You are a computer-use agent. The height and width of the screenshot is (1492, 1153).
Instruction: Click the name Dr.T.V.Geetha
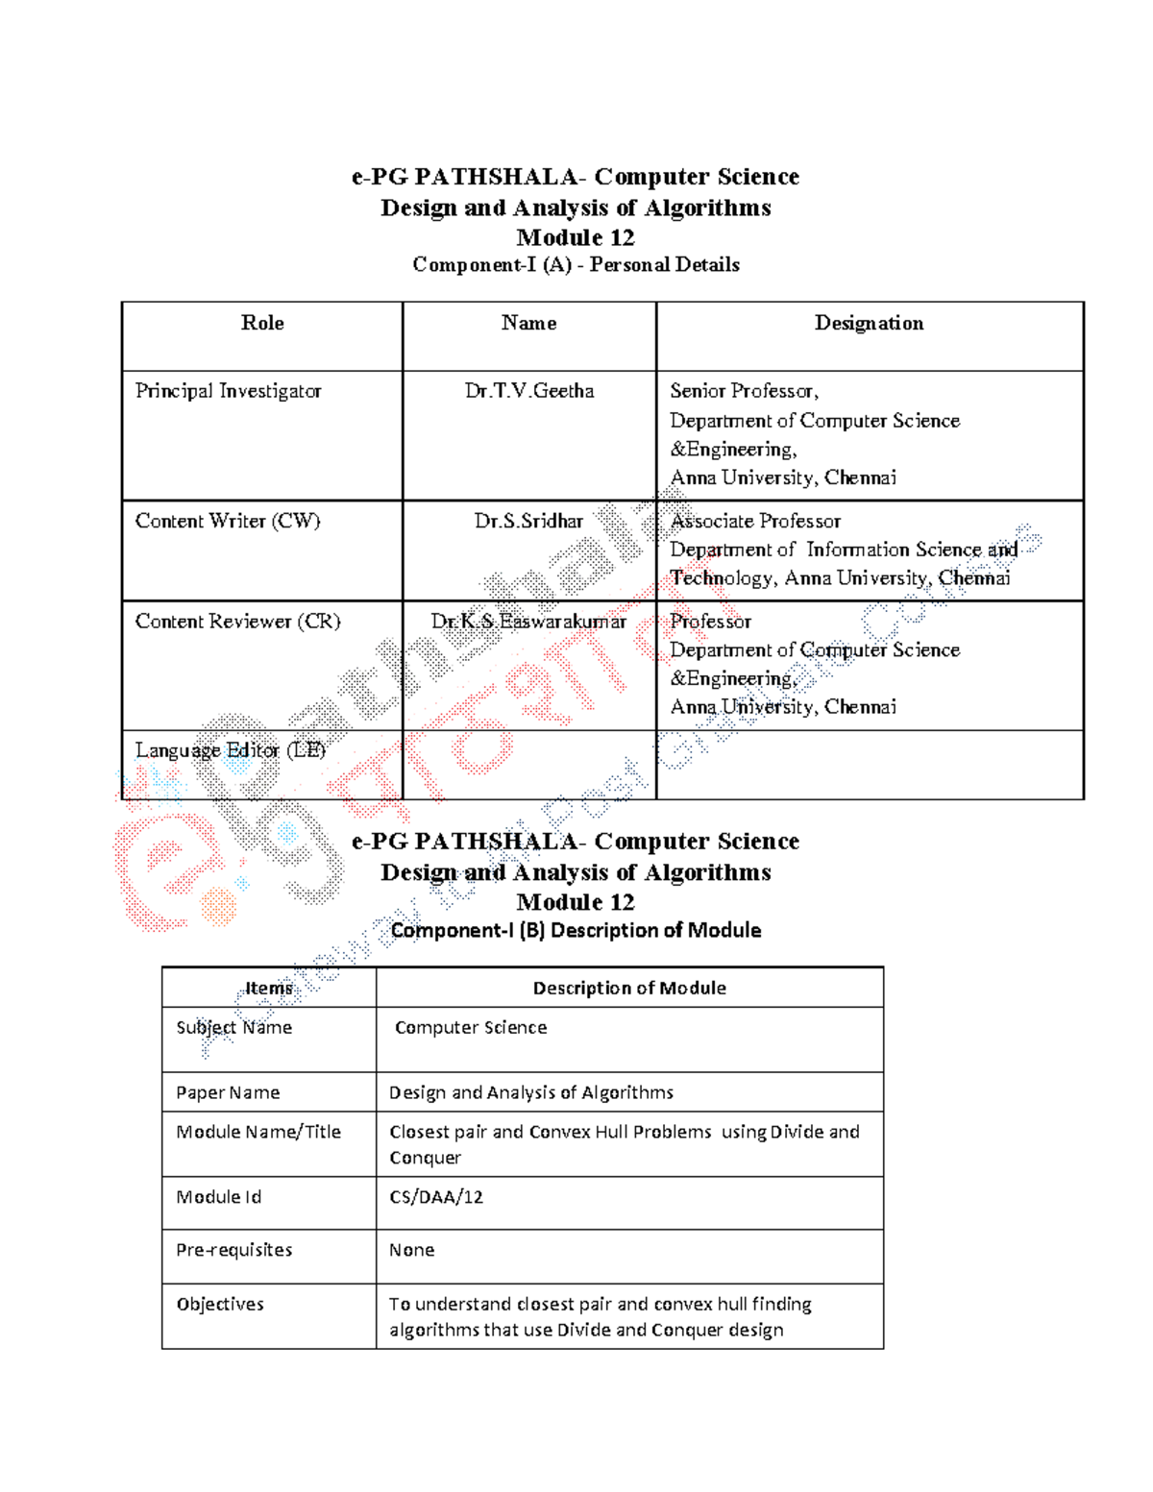pyautogui.click(x=529, y=391)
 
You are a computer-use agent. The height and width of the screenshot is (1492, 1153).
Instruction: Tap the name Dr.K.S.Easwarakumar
pyautogui.click(x=528, y=622)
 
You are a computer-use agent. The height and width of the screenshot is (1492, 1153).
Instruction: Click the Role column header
pyautogui.click(x=262, y=323)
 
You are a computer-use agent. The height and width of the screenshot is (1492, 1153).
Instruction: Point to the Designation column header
pyautogui.click(x=869, y=323)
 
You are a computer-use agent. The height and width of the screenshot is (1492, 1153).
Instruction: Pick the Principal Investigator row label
pyautogui.click(x=228, y=391)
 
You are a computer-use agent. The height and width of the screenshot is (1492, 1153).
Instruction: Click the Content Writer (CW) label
pyautogui.click(x=228, y=521)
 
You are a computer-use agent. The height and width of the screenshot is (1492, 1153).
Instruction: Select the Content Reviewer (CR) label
pyautogui.click(x=237, y=622)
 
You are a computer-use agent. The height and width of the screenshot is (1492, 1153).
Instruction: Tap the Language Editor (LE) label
pyautogui.click(x=231, y=750)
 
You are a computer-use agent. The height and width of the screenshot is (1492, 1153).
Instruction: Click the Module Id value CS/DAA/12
pyautogui.click(x=436, y=1197)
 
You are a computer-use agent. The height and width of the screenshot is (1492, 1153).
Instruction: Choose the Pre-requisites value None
pyautogui.click(x=411, y=1250)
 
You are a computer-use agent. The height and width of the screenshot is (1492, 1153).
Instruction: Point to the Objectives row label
pyautogui.click(x=220, y=1304)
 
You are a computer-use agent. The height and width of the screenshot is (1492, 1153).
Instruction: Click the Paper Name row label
pyautogui.click(x=228, y=1092)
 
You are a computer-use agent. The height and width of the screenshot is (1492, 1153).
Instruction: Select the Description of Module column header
pyautogui.click(x=629, y=988)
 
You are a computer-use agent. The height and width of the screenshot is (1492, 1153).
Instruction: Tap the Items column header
pyautogui.click(x=269, y=988)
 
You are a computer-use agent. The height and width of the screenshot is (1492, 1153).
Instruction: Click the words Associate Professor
pyautogui.click(x=755, y=521)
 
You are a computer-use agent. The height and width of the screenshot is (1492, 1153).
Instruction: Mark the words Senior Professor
pyautogui.click(x=744, y=391)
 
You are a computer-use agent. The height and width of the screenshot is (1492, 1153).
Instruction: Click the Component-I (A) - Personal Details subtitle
pyautogui.click(x=576, y=264)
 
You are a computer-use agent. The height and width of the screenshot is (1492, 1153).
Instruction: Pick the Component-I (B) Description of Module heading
pyautogui.click(x=576, y=930)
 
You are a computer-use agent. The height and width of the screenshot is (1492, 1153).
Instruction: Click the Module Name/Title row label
pyautogui.click(x=258, y=1132)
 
